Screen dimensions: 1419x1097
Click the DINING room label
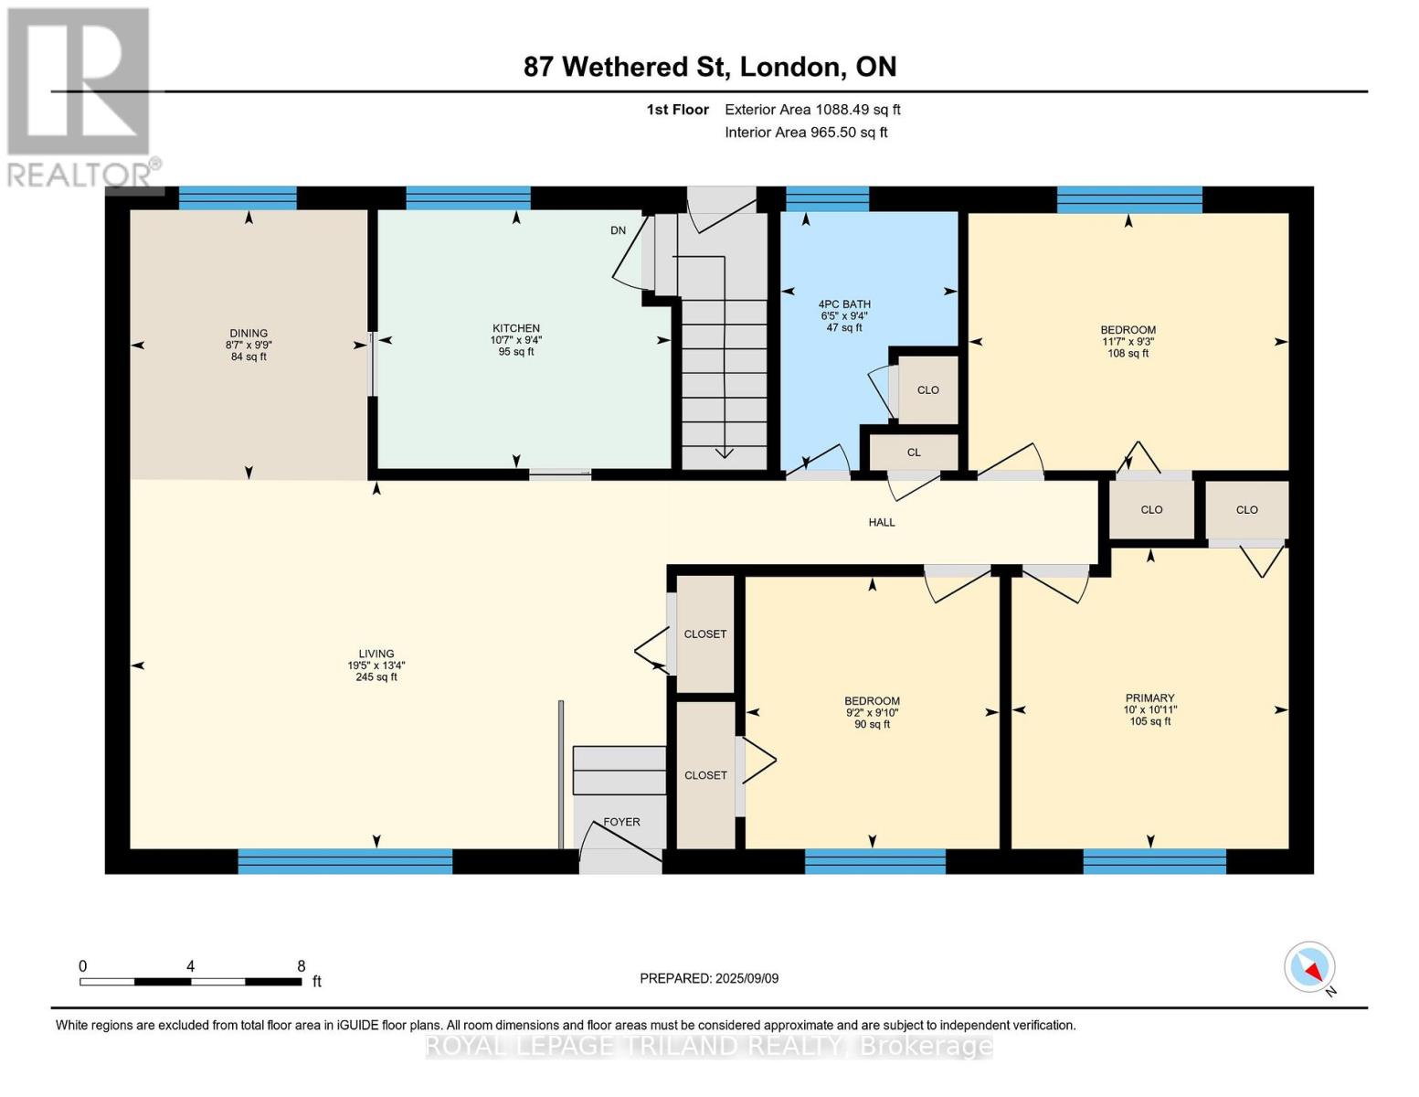pyautogui.click(x=249, y=333)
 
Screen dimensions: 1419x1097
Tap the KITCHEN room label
pyautogui.click(x=516, y=328)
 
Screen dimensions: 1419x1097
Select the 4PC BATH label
pyautogui.click(x=844, y=304)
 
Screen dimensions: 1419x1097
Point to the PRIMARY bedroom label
pyautogui.click(x=1150, y=698)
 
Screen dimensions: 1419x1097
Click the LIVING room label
pyautogui.click(x=376, y=654)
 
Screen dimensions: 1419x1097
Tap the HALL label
pyautogui.click(x=882, y=522)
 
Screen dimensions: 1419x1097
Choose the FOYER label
pyautogui.click(x=621, y=822)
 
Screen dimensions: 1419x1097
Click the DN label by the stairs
pyautogui.click(x=618, y=230)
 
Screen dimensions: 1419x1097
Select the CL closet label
pyautogui.click(x=914, y=453)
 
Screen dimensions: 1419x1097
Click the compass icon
pyautogui.click(x=1309, y=967)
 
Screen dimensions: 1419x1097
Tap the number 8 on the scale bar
pyautogui.click(x=301, y=965)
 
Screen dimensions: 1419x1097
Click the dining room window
pyautogui.click(x=238, y=198)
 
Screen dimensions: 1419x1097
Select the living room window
pyautogui.click(x=344, y=861)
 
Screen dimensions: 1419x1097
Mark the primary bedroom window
pyautogui.click(x=1155, y=861)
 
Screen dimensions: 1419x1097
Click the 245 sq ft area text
pyautogui.click(x=376, y=676)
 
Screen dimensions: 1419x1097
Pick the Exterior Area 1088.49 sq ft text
pyautogui.click(x=812, y=110)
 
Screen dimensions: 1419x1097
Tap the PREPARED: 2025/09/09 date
pyautogui.click(x=709, y=978)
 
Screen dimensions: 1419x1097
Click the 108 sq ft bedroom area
pyautogui.click(x=1128, y=354)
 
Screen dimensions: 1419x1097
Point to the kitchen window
pyautogui.click(x=468, y=198)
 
